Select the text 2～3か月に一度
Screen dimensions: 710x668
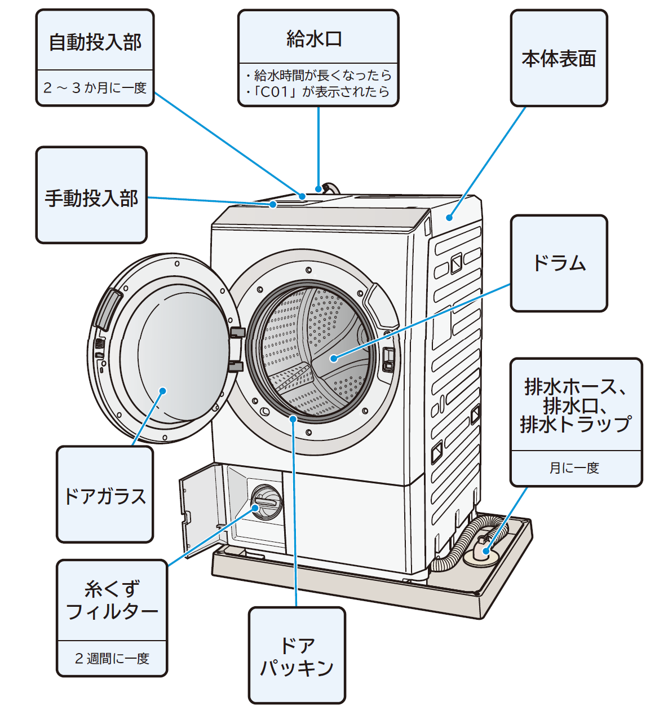(x=95, y=88)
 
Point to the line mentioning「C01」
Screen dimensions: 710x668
(x=318, y=92)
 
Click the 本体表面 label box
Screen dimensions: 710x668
(x=559, y=58)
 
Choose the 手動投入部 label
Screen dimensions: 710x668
(x=91, y=198)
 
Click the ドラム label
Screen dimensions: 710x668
(x=559, y=263)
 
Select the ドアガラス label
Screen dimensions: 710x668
(x=105, y=496)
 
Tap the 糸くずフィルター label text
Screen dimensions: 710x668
(x=112, y=600)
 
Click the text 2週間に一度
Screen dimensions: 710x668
(x=112, y=658)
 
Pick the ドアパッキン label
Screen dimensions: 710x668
(x=297, y=656)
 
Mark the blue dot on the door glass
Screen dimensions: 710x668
(x=162, y=390)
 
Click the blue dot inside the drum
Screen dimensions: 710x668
(x=334, y=358)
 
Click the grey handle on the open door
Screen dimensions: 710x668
(x=107, y=310)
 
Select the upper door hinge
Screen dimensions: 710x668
(x=237, y=332)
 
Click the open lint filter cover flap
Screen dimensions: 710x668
(x=200, y=508)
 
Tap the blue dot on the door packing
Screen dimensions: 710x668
(x=293, y=418)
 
